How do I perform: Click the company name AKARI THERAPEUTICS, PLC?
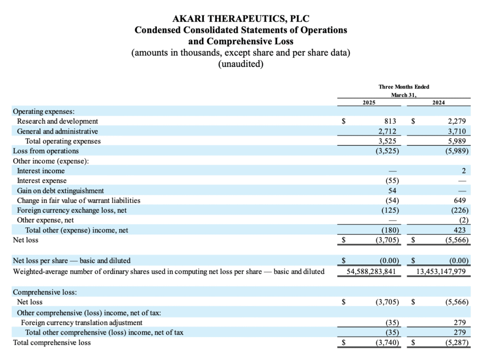tap(241, 19)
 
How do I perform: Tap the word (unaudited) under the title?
tap(241, 64)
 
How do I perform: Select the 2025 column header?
tap(369, 103)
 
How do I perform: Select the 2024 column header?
tap(438, 103)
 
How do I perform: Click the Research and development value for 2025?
tap(390, 121)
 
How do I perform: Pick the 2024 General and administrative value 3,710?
tap(457, 131)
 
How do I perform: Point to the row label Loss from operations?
tap(46, 151)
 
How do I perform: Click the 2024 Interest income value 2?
tap(464, 171)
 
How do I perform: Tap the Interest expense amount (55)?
tap(392, 181)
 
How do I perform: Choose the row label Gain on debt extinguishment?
tap(61, 191)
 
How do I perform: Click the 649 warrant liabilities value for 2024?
tap(460, 200)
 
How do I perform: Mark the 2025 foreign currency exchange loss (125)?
tap(390, 210)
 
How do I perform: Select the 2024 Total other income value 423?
tap(460, 230)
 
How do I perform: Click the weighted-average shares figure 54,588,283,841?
tap(371, 272)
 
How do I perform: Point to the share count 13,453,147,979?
tap(441, 272)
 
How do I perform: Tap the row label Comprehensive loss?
tap(45, 292)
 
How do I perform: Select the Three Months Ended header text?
tap(404, 87)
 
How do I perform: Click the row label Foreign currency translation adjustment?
tap(81, 322)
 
